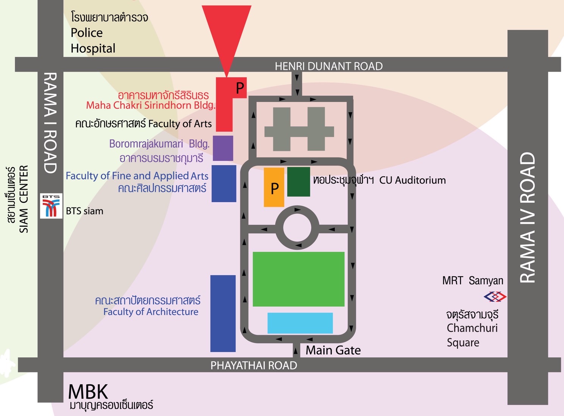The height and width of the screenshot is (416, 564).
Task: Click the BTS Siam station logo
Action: tap(51, 206)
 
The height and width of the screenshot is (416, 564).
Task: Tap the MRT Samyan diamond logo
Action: tap(495, 297)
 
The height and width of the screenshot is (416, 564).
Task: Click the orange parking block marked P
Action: tap(274, 187)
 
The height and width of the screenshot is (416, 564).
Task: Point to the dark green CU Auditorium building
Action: tap(298, 182)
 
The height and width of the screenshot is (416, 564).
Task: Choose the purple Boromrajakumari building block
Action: tap(223, 148)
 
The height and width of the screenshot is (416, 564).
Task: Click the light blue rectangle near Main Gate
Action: tap(300, 323)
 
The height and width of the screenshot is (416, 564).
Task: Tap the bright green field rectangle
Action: tap(298, 279)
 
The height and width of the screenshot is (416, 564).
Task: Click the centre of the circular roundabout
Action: tap(297, 228)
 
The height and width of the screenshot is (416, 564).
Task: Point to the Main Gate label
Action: tap(333, 350)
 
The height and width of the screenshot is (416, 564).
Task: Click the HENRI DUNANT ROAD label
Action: tap(328, 66)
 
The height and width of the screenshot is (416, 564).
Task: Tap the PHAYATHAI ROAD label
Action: tap(253, 365)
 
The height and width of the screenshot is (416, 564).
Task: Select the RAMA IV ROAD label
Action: tap(527, 218)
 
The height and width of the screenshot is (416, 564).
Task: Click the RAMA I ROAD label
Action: tap(50, 123)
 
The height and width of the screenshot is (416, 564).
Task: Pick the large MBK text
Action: tap(88, 391)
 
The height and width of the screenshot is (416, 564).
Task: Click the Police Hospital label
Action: tap(93, 41)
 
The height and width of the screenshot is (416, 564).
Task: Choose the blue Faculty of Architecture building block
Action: tap(223, 313)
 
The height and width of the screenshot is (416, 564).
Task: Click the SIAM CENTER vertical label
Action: tap(23, 199)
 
